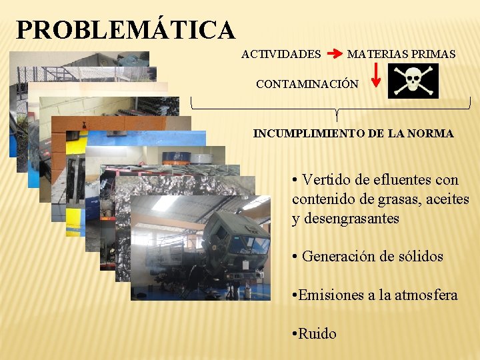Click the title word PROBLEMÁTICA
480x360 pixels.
click(126, 31)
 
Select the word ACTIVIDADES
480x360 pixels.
click(281, 54)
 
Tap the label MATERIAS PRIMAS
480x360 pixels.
click(401, 54)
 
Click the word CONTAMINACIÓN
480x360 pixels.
click(307, 85)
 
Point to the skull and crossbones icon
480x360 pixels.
click(413, 81)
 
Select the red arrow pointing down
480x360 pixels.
click(376, 75)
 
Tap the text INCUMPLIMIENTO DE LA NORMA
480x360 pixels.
click(353, 133)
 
